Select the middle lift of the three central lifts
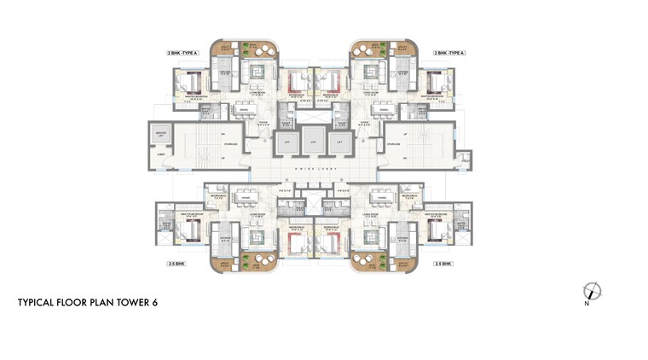313,142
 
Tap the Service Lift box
161,135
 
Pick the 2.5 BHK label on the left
176,264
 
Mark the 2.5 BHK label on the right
443,264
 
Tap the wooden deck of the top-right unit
368,49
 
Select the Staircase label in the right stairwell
394,144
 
